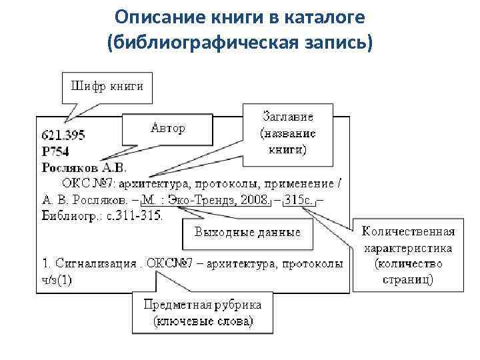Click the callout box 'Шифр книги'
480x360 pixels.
pos(107,86)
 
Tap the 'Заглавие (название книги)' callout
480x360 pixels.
pos(287,133)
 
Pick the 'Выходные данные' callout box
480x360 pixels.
pos(247,233)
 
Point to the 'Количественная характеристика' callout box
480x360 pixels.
pos(408,255)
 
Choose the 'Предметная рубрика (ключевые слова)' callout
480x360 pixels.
pos(203,313)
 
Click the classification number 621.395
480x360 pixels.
pos(64,135)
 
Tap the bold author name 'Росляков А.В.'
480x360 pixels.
pos(84,167)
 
